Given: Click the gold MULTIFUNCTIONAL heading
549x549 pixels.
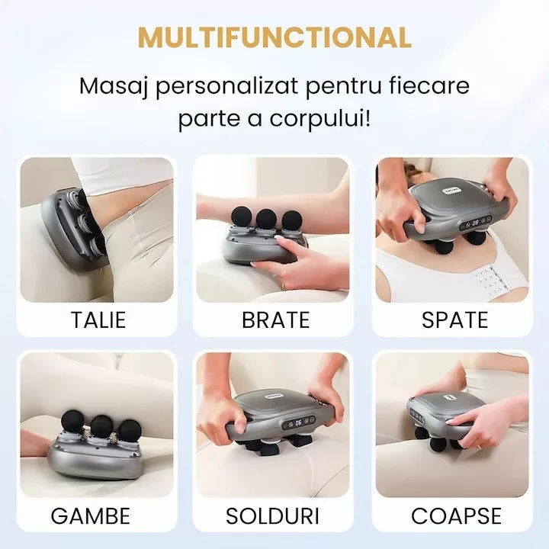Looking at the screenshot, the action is coord(274,37).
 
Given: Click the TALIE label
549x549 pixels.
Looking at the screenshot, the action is coord(98,319).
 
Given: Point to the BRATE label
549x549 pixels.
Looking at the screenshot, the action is coord(276,319).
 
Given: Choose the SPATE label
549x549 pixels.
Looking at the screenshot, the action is coord(454,319).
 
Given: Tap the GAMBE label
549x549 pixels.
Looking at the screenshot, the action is coord(91,515).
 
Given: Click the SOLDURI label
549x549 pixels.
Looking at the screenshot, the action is coord(272,515).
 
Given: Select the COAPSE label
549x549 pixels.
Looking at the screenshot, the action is coord(456,515).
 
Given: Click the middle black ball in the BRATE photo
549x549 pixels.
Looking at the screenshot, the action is coord(266,219).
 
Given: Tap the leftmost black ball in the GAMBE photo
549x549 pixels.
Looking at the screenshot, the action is coord(72,421).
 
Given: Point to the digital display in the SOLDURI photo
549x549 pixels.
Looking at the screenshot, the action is coord(299,422).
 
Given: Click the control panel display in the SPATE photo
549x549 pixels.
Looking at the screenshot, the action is coord(476,223).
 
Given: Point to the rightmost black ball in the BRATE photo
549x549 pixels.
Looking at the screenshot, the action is coord(292,220).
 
